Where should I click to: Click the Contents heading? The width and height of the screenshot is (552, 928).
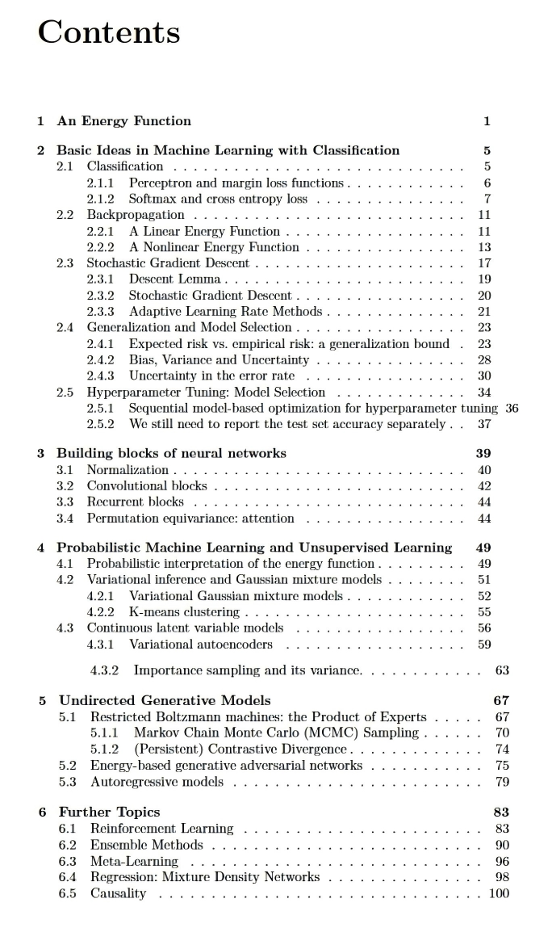click(109, 32)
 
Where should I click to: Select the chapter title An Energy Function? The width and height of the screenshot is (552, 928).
click(123, 121)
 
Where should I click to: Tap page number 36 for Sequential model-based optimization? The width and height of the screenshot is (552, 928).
click(512, 408)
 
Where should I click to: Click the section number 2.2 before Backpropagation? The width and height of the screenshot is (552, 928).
click(65, 215)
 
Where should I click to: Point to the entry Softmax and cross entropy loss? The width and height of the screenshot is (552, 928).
click(218, 199)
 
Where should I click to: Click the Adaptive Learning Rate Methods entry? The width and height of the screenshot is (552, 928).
click(225, 311)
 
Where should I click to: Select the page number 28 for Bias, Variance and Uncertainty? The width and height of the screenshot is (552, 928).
click(485, 359)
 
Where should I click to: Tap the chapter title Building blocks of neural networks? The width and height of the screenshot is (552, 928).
click(171, 453)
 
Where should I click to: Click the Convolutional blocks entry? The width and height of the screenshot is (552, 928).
click(147, 485)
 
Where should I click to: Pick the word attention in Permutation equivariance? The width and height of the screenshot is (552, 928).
click(266, 518)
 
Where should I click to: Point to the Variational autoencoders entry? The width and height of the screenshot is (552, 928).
click(201, 644)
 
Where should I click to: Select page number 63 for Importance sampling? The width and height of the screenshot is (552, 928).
click(502, 670)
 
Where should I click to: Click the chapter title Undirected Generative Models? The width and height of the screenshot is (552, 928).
click(165, 700)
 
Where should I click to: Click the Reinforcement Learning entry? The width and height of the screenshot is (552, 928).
click(161, 829)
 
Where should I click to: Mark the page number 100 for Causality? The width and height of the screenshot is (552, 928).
click(500, 892)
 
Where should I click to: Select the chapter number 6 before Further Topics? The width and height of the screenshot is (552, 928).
click(43, 812)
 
